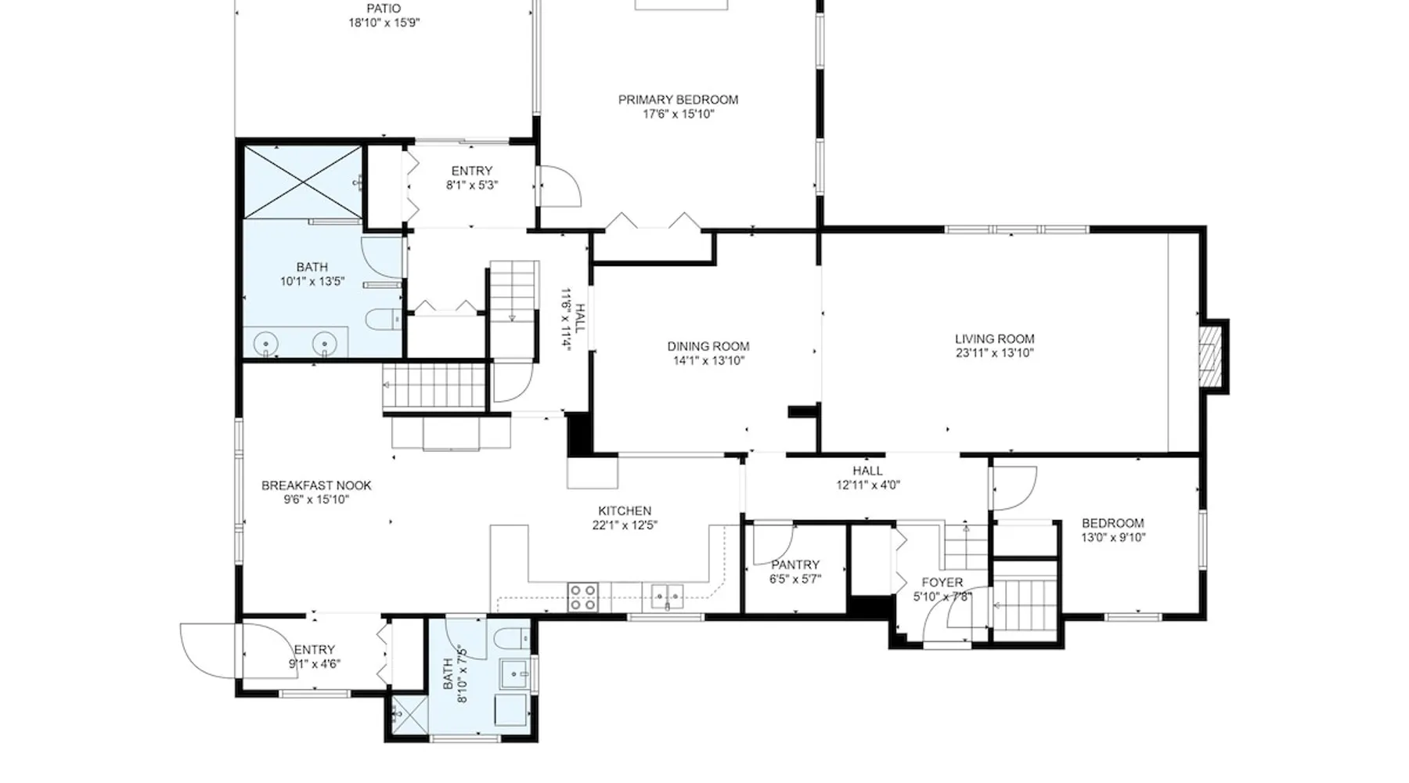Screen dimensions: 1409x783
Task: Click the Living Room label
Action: pos(994,339)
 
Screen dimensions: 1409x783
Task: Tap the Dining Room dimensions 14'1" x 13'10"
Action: pos(709,361)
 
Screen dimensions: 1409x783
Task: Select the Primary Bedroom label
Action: pos(678,99)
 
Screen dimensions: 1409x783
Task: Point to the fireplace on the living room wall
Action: pos(1214,356)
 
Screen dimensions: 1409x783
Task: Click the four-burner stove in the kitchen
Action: pos(582,597)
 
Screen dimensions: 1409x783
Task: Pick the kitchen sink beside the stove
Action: pos(667,597)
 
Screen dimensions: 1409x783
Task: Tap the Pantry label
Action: pos(795,565)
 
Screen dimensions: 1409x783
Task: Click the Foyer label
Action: pos(942,583)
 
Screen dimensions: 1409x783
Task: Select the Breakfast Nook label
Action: pos(316,485)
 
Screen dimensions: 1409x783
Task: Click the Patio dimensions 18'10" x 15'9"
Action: pos(384,23)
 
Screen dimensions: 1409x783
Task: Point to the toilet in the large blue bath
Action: pos(383,319)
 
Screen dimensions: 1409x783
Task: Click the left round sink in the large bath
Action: pos(267,345)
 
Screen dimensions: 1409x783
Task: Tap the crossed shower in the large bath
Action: pos(303,181)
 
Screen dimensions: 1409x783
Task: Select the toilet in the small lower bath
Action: pos(514,640)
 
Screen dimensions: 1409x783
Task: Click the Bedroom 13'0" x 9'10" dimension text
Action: pos(1113,538)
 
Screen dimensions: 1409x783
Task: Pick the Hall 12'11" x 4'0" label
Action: pos(867,478)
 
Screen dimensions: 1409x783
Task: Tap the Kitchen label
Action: pos(625,511)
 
